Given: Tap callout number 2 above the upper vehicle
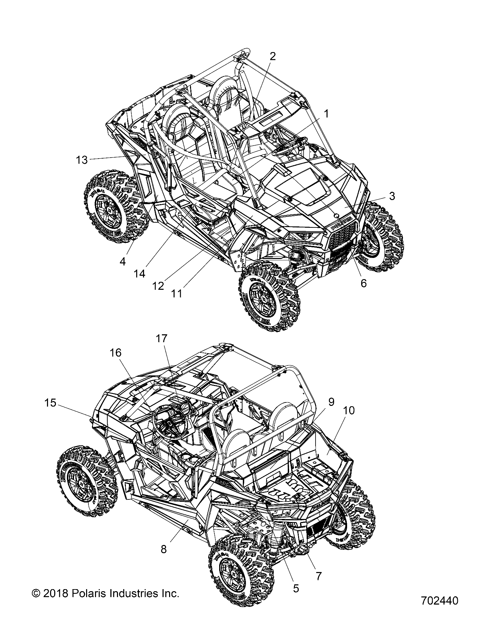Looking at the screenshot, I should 272,57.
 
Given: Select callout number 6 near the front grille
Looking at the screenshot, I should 364,283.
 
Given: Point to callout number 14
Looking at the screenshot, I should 140,274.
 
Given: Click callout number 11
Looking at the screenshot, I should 177,294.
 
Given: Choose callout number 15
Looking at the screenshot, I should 50,403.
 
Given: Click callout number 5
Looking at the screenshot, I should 296,589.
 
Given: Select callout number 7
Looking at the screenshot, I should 319,576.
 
